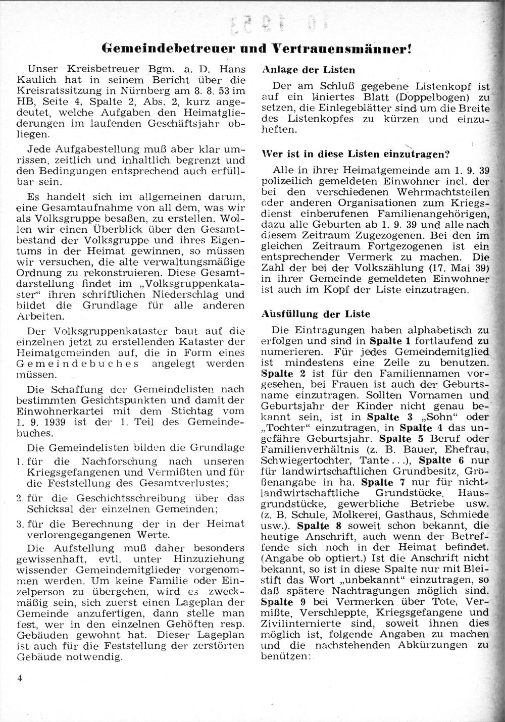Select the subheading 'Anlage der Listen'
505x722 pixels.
pyautogui.click(x=309, y=70)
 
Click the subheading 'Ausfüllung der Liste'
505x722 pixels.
pyautogui.click(x=316, y=314)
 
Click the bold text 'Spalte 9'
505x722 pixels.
pyautogui.click(x=284, y=602)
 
